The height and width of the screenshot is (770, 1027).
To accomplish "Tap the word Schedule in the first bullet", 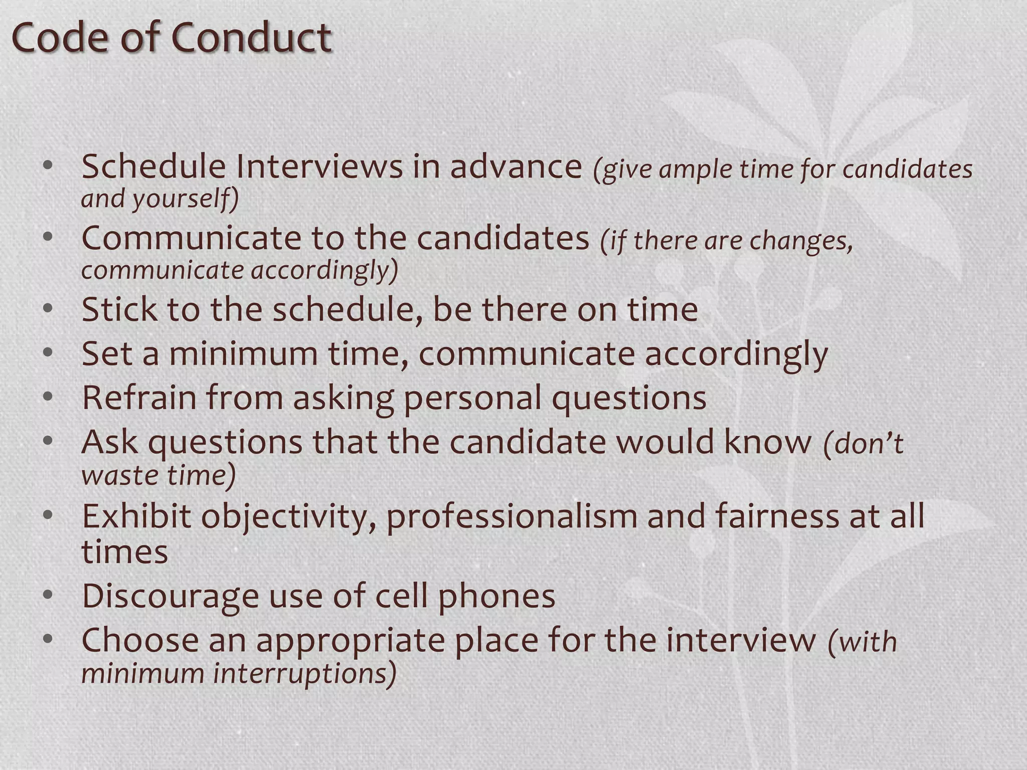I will [153, 166].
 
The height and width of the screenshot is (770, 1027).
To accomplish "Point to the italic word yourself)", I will [186, 199].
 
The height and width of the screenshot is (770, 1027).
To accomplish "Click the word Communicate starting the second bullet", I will [191, 239].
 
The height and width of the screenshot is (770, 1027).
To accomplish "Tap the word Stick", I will [119, 309].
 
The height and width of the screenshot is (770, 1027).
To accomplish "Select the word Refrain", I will [139, 398].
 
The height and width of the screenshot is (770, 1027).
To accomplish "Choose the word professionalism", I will [511, 517].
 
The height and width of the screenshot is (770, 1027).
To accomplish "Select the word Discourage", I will [170, 596].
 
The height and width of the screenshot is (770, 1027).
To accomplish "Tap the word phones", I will [496, 596].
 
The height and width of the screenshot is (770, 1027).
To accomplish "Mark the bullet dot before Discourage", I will [48, 595].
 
